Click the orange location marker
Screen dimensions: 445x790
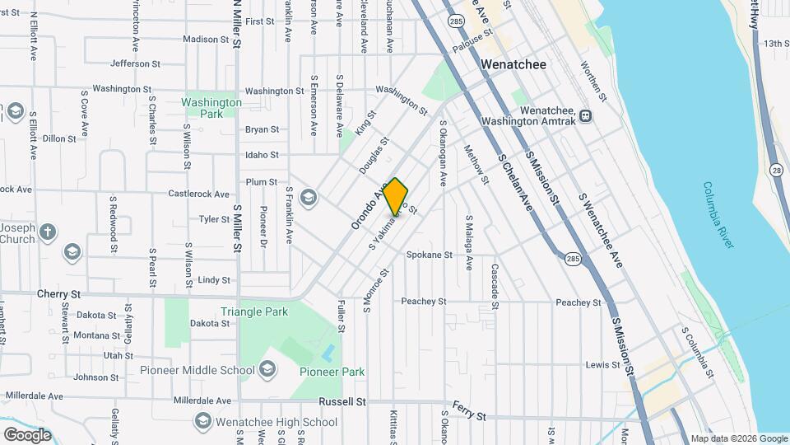pos(396,197)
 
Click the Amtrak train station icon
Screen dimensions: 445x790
pos(585,116)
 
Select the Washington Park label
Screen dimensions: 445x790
pos(211,108)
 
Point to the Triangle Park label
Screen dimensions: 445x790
pos(254,311)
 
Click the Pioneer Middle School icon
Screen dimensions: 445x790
pos(267,370)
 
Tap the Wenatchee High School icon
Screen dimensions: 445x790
pos(202,422)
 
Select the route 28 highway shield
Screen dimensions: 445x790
pos(777,169)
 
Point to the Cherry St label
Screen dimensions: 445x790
pos(58,293)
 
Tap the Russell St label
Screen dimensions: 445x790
pos(342,402)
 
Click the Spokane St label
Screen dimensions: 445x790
pos(430,255)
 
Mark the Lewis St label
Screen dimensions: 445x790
pos(602,364)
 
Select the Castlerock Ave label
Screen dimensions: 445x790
pos(199,194)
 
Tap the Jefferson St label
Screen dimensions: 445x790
pos(135,63)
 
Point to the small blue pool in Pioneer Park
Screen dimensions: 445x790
pos(328,354)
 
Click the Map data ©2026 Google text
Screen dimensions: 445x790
pos(738,438)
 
